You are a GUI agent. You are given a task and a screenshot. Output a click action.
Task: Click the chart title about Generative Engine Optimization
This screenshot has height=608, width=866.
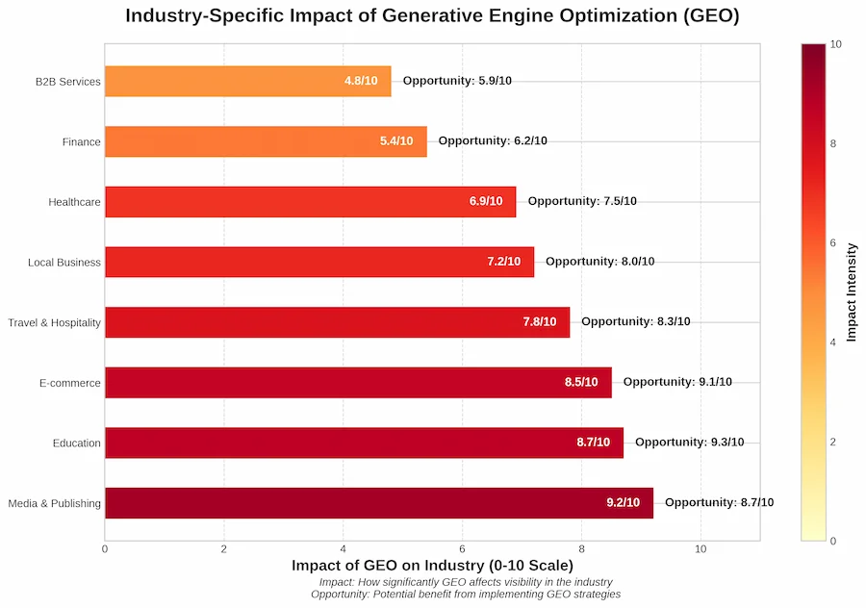click(x=432, y=16)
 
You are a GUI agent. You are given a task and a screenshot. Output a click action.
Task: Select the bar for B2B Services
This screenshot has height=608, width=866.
click(x=247, y=81)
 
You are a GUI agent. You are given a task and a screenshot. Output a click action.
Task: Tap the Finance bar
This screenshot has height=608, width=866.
click(x=266, y=141)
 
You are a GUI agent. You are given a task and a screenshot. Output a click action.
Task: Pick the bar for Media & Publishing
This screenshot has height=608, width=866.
click(x=378, y=502)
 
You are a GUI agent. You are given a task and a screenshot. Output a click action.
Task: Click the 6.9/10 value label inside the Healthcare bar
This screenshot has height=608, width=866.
click(x=486, y=201)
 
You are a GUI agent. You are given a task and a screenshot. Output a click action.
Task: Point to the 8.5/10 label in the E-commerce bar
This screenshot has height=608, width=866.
click(x=581, y=382)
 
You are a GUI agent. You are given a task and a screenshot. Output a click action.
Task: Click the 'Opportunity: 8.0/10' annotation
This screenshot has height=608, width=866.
click(x=599, y=261)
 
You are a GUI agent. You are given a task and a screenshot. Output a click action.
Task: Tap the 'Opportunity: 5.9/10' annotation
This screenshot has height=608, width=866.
click(x=457, y=81)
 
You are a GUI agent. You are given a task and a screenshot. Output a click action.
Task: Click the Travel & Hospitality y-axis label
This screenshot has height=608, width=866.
click(x=54, y=322)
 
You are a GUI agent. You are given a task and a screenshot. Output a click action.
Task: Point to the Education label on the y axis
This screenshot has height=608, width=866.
click(x=77, y=443)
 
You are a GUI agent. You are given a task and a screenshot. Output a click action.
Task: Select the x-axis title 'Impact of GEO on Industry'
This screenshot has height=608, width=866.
click(x=432, y=565)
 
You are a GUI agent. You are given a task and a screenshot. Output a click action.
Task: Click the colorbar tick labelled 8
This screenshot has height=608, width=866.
click(x=833, y=143)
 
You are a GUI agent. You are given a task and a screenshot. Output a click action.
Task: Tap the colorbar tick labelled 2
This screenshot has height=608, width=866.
click(x=833, y=442)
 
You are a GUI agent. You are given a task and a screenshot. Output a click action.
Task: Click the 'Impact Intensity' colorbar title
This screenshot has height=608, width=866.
click(x=852, y=291)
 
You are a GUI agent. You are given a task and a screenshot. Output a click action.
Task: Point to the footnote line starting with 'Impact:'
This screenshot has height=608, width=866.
click(x=465, y=582)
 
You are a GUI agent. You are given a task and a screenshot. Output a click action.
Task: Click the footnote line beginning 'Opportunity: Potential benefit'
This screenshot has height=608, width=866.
click(x=465, y=595)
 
